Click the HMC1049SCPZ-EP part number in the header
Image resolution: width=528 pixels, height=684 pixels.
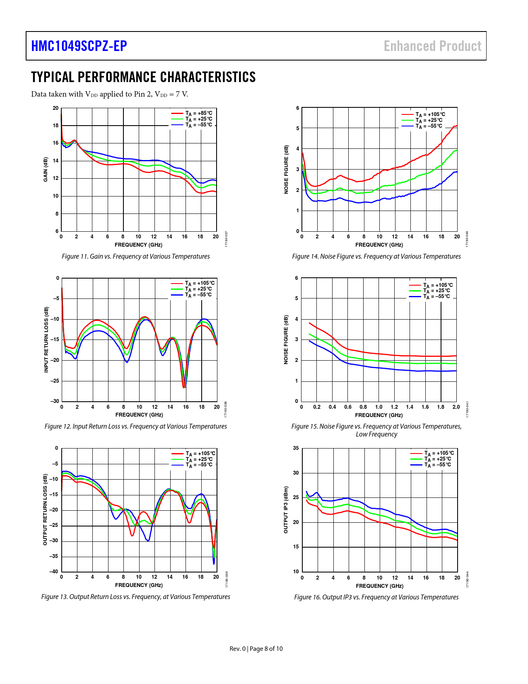click(79, 46)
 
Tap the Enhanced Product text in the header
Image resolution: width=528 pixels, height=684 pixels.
click(432, 46)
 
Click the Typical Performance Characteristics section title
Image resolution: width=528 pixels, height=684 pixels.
click(143, 77)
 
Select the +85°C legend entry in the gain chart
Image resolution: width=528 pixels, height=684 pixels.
click(198, 113)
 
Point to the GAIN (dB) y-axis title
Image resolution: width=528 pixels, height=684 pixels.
click(46, 169)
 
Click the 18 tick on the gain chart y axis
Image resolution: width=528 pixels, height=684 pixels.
click(55, 126)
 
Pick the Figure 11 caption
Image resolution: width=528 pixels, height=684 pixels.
click(136, 257)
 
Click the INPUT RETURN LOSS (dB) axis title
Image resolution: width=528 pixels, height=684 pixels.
click(46, 340)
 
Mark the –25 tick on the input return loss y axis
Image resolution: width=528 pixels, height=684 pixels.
click(55, 381)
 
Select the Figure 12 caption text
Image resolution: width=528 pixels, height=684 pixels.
click(136, 427)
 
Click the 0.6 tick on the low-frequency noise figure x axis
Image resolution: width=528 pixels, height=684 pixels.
click(348, 407)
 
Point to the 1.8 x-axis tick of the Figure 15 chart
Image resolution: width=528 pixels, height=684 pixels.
click(441, 407)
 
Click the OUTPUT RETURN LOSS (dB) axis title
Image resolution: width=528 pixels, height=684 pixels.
click(46, 509)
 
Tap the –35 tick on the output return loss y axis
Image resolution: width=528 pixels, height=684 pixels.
click(54, 556)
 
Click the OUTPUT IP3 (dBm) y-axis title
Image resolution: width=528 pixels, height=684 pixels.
click(286, 509)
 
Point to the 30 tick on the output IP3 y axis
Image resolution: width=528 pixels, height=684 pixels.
click(296, 473)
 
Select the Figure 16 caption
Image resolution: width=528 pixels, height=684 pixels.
click(376, 597)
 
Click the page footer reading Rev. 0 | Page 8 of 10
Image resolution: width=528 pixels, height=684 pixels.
click(256, 649)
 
